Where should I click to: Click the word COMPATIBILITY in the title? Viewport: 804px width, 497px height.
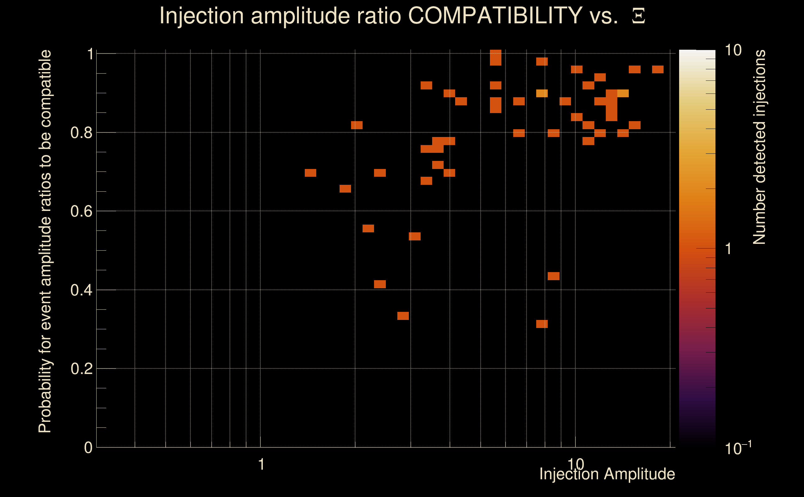coord(495,16)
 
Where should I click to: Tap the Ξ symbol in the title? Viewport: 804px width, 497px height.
coord(638,16)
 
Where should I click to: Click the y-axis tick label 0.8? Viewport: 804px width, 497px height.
coord(81,133)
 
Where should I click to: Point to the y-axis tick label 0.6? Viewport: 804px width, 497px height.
coord(81,211)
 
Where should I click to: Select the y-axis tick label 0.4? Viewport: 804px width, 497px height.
coord(81,290)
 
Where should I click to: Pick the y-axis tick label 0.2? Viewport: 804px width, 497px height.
coord(81,369)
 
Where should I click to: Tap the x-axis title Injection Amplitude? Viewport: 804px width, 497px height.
coord(607,474)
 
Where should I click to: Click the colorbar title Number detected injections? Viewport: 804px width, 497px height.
coord(759,147)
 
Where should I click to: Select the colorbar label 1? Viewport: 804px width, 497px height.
coord(729,249)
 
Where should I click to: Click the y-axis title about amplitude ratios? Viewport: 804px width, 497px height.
coord(45,241)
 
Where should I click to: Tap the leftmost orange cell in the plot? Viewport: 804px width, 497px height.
coord(310,173)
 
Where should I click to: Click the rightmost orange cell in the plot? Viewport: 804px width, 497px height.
coord(658,69)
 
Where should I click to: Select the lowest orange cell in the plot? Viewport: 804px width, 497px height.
coord(542,324)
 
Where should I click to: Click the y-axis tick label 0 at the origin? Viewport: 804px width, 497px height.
coord(88,448)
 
